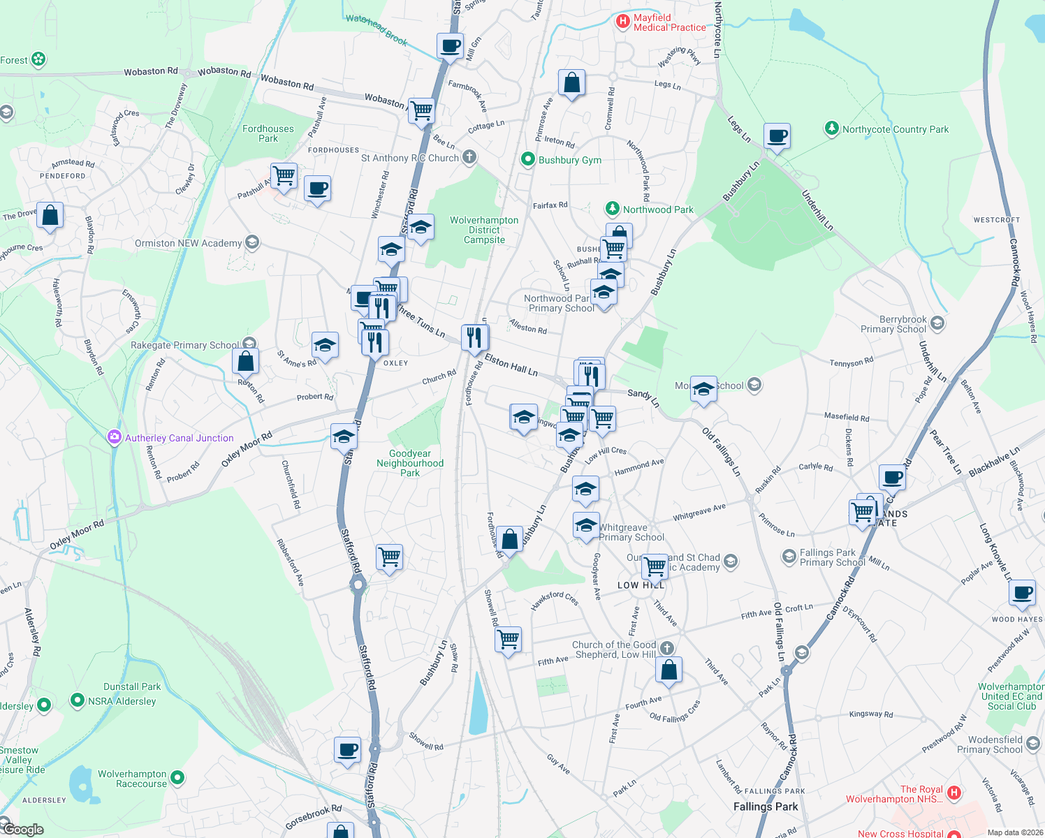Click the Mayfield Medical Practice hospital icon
[x=622, y=22]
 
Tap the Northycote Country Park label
[x=895, y=129]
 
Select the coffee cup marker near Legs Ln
[x=777, y=135]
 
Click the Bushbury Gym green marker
[x=528, y=160]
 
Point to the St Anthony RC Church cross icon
[x=469, y=157]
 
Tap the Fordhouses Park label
[x=268, y=133]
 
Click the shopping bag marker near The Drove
[x=50, y=215]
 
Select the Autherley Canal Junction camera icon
[x=114, y=437]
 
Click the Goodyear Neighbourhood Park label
[x=410, y=463]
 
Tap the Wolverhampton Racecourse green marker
[x=177, y=777]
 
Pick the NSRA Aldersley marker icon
[x=78, y=700]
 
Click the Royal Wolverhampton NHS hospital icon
[x=954, y=793]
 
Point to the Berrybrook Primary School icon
[x=937, y=323]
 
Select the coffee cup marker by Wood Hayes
[x=1023, y=592]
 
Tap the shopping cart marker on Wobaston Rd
[x=422, y=110]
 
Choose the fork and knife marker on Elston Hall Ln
[x=475, y=337]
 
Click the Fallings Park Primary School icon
[x=789, y=556]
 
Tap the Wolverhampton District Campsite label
[x=484, y=230]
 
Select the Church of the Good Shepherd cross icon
[x=667, y=648]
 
